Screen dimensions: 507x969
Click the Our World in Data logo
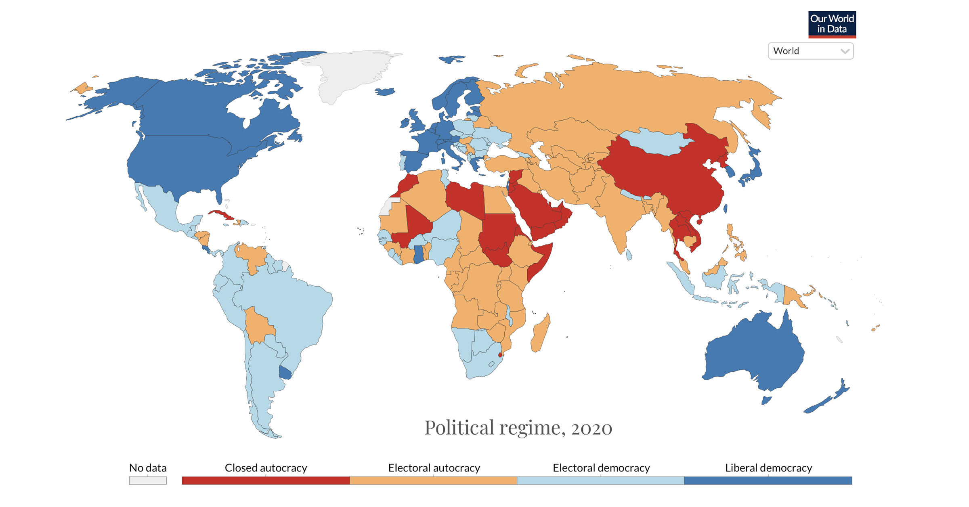[x=832, y=24]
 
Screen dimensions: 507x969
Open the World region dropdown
[x=810, y=51]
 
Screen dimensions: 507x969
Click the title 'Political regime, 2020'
[x=518, y=427]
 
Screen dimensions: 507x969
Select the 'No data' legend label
[x=148, y=468]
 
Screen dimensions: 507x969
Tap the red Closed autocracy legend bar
[x=266, y=480]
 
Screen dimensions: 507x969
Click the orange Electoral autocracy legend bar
[x=433, y=480]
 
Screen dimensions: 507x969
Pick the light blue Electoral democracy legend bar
[x=601, y=480]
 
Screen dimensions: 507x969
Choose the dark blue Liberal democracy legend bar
[x=768, y=480]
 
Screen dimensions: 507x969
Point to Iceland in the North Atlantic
[x=385, y=92]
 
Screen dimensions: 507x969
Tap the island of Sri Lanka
[x=629, y=255]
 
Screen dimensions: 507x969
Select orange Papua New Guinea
[x=793, y=297]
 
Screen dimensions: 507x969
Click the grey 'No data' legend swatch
[x=148, y=481]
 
